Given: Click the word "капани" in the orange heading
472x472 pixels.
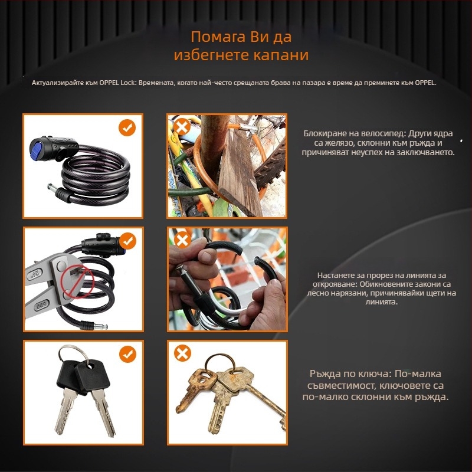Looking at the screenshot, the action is (x=281, y=55).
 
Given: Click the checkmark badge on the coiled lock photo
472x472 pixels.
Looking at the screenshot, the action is (x=127, y=127).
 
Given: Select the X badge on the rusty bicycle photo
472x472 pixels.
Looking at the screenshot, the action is (x=182, y=127).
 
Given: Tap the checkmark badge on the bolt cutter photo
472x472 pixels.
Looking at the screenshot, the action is (x=127, y=241).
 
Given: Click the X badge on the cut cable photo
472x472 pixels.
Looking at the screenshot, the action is (x=182, y=240).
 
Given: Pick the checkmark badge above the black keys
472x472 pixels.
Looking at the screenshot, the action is (x=127, y=354).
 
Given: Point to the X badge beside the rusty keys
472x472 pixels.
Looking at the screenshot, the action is (x=182, y=353).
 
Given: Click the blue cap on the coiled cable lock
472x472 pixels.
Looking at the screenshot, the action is (x=37, y=150).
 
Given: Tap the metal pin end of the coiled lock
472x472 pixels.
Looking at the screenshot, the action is (x=53, y=189).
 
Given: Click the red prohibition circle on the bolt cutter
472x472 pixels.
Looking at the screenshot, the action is (x=77, y=282).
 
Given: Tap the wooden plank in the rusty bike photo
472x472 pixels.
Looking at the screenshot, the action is (x=240, y=172).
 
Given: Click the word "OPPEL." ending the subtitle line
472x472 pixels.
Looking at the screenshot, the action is (x=425, y=83).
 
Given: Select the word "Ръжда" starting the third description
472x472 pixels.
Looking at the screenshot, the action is (x=326, y=374).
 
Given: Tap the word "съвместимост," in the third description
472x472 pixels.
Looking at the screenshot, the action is (x=341, y=386).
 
